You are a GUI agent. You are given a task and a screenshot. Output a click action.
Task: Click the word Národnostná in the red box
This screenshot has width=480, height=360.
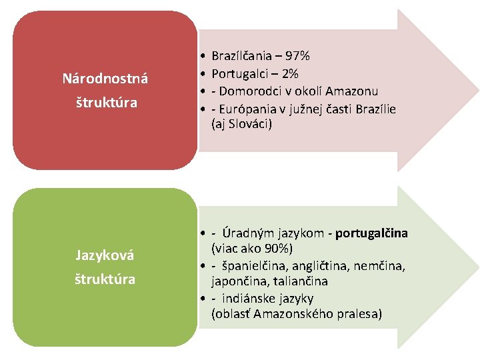click(x=105, y=79)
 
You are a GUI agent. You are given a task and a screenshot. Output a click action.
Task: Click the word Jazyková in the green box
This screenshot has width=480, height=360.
click(x=105, y=255)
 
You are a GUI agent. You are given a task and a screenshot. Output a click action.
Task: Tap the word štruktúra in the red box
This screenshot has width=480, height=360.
click(x=105, y=103)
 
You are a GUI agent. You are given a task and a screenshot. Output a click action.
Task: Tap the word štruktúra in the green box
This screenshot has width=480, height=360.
click(x=105, y=279)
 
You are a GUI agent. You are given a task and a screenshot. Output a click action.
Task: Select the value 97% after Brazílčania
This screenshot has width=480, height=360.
click(x=297, y=56)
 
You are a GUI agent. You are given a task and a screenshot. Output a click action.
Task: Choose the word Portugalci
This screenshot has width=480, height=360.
click(x=237, y=73)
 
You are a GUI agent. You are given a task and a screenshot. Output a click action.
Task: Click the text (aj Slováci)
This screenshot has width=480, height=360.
click(x=241, y=124)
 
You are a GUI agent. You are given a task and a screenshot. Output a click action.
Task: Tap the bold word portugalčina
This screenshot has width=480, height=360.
click(x=372, y=233)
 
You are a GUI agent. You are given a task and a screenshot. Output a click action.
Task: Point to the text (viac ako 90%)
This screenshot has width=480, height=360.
click(x=252, y=249)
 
